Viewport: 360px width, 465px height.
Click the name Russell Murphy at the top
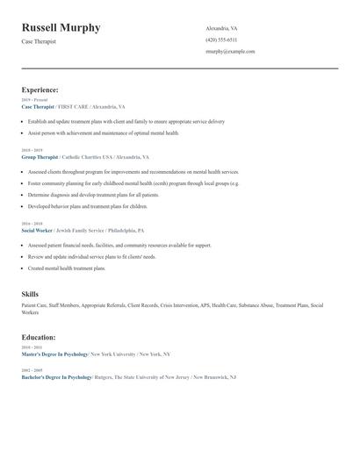(61, 28)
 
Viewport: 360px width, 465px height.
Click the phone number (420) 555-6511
(221, 40)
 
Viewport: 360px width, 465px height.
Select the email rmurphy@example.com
(230, 52)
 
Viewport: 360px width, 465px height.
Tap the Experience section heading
(40, 89)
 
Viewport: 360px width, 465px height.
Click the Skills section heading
(30, 295)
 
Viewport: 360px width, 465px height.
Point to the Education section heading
(40, 337)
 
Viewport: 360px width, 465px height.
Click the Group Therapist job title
(40, 157)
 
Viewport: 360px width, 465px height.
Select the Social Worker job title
(38, 230)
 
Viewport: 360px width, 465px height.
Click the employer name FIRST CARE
(73, 106)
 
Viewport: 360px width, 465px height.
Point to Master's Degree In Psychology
(54, 354)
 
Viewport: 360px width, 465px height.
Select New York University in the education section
(113, 354)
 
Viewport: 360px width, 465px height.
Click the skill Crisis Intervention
(180, 305)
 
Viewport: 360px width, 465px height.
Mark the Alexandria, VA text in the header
(222, 28)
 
